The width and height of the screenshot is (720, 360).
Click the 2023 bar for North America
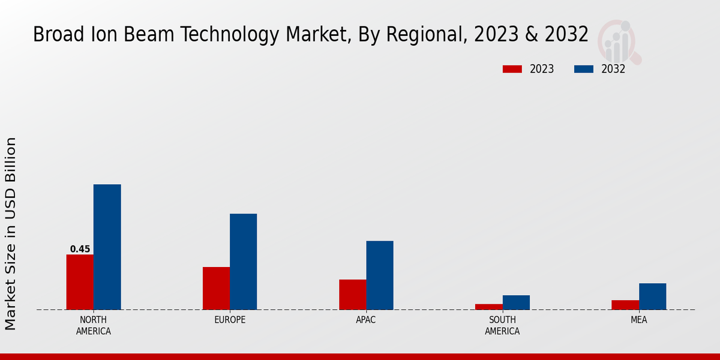80,282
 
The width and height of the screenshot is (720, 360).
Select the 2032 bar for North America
107,247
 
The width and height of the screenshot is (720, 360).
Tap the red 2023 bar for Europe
216,288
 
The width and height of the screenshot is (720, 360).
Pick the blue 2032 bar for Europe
243,262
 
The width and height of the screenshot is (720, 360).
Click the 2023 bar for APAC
352,295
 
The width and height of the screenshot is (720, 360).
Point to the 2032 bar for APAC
380,275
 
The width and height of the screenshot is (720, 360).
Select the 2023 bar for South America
488,307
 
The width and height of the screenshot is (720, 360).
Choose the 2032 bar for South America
516,302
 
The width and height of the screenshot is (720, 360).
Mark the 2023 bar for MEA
625,305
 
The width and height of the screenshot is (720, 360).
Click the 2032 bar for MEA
652,296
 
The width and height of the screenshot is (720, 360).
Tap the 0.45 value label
80,249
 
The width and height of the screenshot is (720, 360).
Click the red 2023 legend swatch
512,69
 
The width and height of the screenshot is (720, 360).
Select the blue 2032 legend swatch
583,69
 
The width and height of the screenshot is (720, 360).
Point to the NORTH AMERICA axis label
94,325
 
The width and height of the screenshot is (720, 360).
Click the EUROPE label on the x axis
230,320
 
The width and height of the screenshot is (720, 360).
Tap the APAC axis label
366,320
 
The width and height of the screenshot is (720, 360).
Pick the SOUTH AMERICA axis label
502,325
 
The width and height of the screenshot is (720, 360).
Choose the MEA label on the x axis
638,320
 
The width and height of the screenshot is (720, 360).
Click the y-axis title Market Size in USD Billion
11,233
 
